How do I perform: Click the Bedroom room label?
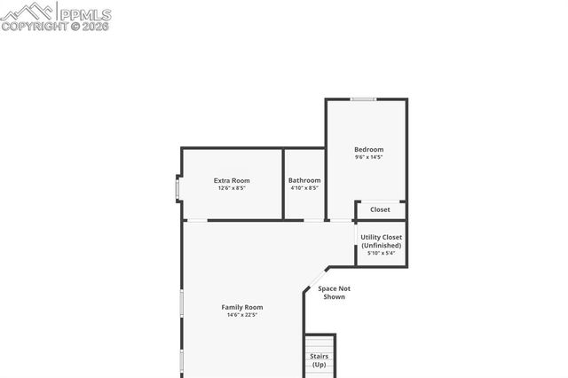pyautogui.click(x=368, y=149)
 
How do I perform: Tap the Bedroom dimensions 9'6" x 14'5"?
pyautogui.click(x=368, y=158)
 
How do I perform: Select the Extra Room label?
pyautogui.click(x=232, y=180)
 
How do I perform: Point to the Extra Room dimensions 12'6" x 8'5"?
pyautogui.click(x=232, y=188)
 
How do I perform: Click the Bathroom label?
pyautogui.click(x=304, y=180)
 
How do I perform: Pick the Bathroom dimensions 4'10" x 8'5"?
pyautogui.click(x=304, y=188)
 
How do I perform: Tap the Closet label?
pyautogui.click(x=380, y=209)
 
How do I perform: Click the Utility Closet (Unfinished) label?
pyautogui.click(x=381, y=240)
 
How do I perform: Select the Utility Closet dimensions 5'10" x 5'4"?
pyautogui.click(x=381, y=253)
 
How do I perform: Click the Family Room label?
pyautogui.click(x=242, y=307)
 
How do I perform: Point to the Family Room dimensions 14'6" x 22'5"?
pyautogui.click(x=242, y=315)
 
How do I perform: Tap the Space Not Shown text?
pyautogui.click(x=334, y=292)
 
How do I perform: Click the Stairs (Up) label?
pyautogui.click(x=319, y=360)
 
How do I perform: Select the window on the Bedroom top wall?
pyautogui.click(x=362, y=98)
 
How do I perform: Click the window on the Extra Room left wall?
pyautogui.click(x=177, y=189)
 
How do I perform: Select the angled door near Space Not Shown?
pyautogui.click(x=315, y=278)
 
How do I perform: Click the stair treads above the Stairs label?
pyautogui.click(x=319, y=343)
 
